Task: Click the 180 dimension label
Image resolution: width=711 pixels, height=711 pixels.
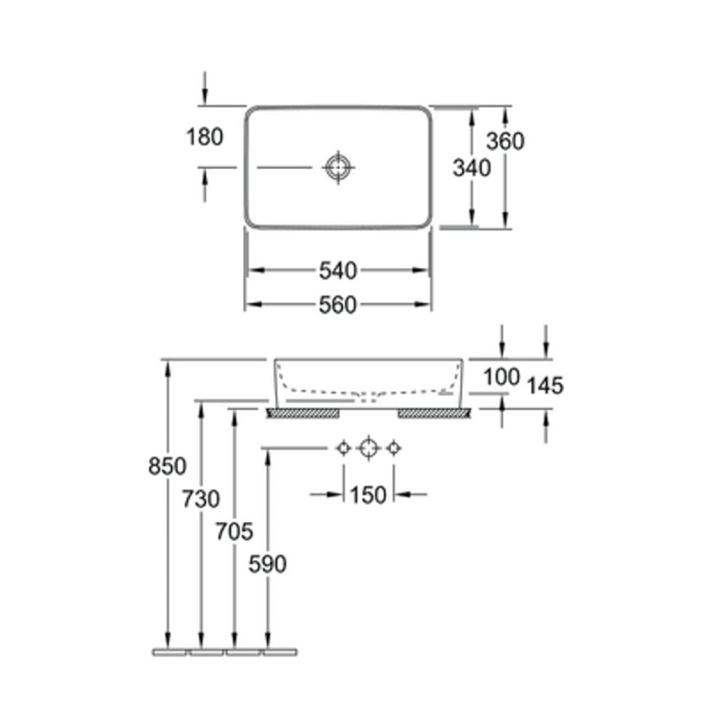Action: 205,137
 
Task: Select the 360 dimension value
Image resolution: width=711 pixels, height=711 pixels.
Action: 505,141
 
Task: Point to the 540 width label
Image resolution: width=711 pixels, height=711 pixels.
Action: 338,271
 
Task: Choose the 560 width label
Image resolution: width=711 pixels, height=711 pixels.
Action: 338,305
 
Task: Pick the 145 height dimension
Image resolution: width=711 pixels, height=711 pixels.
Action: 545,386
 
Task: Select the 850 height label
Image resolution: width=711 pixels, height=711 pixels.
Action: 167,465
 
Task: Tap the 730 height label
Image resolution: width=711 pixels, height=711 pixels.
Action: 201,498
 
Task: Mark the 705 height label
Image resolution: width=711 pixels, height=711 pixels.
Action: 234,531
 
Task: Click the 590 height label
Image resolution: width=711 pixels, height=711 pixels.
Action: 268,564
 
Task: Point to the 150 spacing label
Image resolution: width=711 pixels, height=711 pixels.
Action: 368,495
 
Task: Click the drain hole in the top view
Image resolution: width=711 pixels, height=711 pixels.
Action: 338,167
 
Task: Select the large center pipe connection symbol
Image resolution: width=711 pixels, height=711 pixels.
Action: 368,449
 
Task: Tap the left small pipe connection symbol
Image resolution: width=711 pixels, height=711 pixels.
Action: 344,449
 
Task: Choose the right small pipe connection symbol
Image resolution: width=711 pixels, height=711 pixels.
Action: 393,449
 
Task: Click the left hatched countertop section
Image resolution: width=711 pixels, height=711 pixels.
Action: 303,412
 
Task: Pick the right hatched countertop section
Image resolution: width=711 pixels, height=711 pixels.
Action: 434,412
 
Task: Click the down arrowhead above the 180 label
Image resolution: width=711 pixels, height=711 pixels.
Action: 205,96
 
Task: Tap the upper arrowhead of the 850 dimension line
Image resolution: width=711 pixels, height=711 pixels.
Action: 167,367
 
